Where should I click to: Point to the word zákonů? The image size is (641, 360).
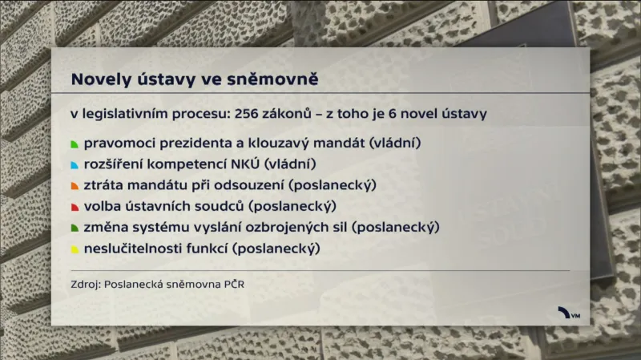tap(285, 114)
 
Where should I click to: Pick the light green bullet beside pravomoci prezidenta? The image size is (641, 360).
tap(75, 145)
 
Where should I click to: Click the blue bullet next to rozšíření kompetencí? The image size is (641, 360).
tap(75, 166)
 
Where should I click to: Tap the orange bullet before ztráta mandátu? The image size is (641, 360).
tap(75, 187)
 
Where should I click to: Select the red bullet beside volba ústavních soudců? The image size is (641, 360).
tap(75, 208)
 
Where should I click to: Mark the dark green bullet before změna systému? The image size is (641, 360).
tap(75, 229)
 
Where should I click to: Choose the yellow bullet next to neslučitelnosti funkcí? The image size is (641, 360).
tap(75, 249)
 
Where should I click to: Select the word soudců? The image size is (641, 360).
tap(220, 207)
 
